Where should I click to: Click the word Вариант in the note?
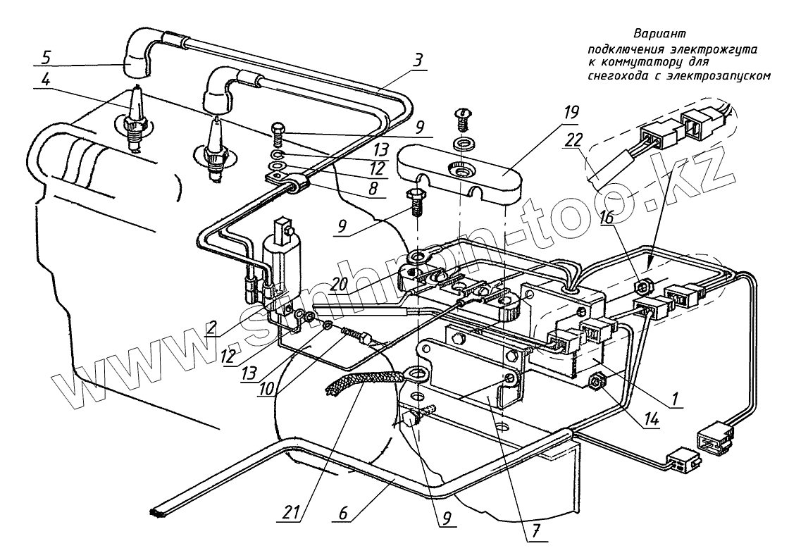(x=659, y=33)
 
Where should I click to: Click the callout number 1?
(x=674, y=399)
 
